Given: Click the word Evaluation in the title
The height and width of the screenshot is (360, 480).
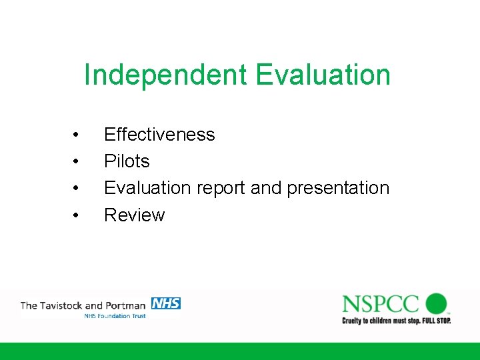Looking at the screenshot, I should (x=323, y=75).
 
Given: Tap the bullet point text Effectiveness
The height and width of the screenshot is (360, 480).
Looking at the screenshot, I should (x=159, y=135).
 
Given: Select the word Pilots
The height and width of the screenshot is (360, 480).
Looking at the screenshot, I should (x=127, y=161).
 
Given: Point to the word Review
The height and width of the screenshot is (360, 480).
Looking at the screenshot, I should (x=134, y=215).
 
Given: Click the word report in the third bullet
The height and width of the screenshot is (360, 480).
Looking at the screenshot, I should (x=221, y=188).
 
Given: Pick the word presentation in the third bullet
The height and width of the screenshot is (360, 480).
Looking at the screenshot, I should (x=338, y=188).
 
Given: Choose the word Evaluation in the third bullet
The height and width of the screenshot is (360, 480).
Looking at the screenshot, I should (x=147, y=188).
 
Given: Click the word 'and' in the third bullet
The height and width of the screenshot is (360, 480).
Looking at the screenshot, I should (x=267, y=188).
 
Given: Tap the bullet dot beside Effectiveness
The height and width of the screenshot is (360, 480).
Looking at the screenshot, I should (x=77, y=135).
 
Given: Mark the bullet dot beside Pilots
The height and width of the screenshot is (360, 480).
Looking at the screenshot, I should (x=77, y=162).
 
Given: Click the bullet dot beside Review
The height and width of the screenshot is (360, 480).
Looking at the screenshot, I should (x=77, y=215).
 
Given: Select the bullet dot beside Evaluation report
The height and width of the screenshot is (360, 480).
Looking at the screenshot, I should (x=77, y=189).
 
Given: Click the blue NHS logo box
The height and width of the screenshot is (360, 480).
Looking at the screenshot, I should (x=166, y=303).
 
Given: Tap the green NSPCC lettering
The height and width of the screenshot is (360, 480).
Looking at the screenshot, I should (x=381, y=304).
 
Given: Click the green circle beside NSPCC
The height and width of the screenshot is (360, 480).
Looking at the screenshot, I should (x=436, y=303).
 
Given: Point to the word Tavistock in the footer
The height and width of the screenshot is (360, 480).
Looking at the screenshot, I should (x=63, y=306).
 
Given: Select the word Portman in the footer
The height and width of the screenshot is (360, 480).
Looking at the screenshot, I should (x=126, y=306).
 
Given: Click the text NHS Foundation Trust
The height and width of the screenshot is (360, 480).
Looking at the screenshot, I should (x=115, y=315).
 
